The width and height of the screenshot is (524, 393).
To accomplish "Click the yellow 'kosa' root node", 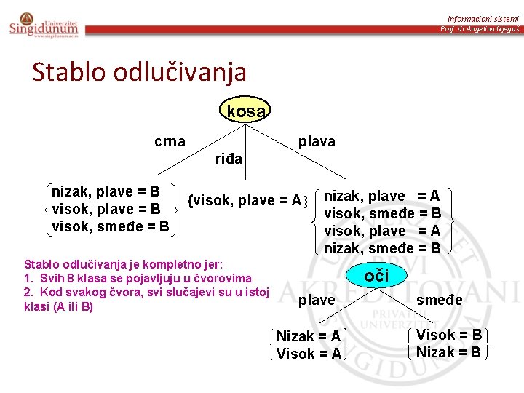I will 245,111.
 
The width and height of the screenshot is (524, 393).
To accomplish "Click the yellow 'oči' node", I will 376,274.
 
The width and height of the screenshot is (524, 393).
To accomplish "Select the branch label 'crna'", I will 170,141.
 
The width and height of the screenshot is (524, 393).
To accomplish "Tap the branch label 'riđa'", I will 229,159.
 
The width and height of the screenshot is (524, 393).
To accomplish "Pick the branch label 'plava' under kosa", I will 317,141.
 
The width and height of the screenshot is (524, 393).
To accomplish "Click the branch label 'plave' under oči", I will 317,300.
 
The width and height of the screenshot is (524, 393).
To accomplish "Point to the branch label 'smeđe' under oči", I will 439,300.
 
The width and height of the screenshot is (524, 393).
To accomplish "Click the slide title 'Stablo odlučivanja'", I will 139,72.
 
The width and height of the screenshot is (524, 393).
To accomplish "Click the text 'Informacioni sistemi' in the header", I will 483,18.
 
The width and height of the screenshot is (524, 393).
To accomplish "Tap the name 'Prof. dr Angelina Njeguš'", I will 479,29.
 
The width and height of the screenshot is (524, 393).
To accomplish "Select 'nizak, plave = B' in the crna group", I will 106,192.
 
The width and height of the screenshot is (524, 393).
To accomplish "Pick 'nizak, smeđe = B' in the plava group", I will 382,248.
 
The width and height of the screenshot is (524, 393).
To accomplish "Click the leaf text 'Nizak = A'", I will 309,336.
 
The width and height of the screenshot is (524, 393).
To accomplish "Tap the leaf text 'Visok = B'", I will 449,335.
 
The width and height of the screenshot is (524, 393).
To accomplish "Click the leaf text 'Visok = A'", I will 309,354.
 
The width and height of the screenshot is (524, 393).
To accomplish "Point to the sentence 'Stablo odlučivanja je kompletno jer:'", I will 124,264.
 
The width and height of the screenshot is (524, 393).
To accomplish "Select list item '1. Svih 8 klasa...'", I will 138,278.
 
